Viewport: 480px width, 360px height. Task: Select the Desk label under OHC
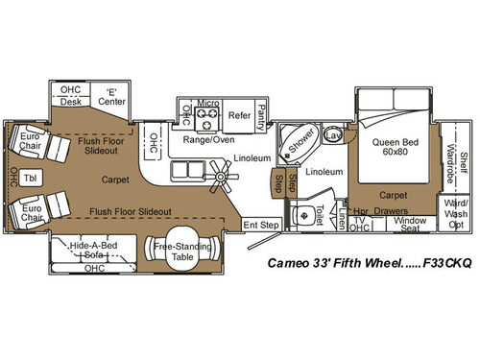tap(70, 100)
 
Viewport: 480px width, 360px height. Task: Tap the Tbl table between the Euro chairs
tap(30, 178)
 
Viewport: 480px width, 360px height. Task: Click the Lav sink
tap(333, 137)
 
